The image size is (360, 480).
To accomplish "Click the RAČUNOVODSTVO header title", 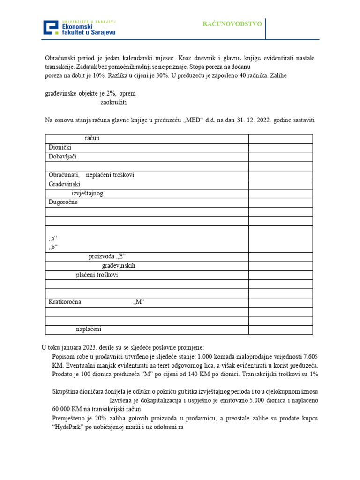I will click(232, 24).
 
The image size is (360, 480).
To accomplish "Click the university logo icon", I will click(52, 28).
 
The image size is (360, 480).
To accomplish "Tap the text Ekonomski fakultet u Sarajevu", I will click(89, 30).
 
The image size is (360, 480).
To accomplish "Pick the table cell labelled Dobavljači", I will click(62, 157).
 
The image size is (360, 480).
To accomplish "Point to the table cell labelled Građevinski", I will click(65, 184).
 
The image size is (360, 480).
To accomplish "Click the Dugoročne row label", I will click(63, 202).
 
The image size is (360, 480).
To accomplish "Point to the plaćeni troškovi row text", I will click(97, 275).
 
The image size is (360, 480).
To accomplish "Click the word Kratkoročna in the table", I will click(65, 302).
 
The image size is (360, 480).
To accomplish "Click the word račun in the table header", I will click(92, 138).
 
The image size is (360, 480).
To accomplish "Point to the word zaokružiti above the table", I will click(113, 102).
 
